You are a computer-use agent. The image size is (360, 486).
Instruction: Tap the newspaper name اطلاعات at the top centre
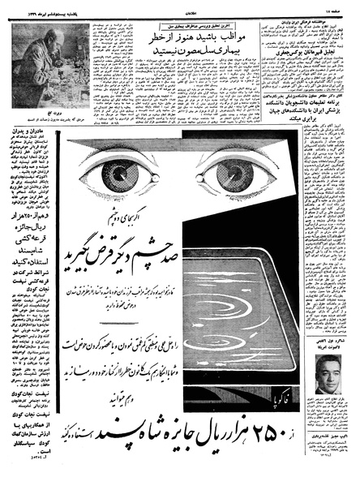tap(179, 6)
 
